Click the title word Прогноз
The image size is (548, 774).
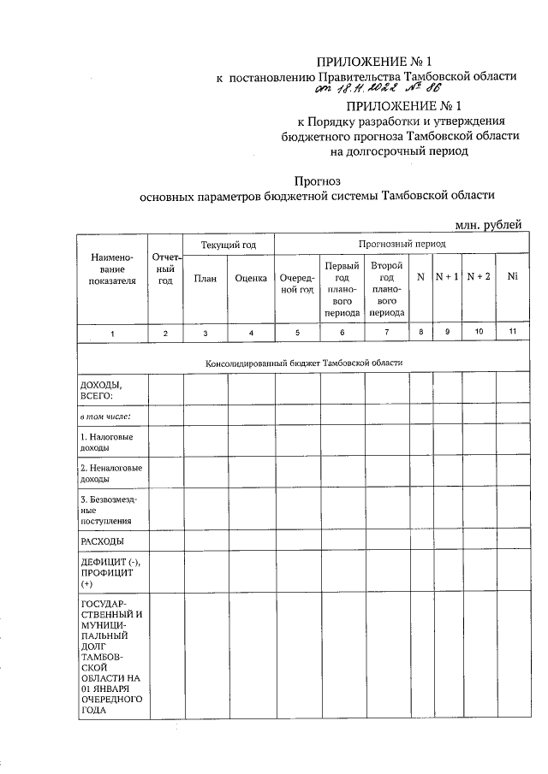(x=317, y=180)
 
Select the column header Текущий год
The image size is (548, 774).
(x=229, y=245)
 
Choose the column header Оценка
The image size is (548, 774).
(x=251, y=278)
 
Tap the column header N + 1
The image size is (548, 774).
(x=447, y=277)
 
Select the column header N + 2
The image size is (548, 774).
(x=479, y=277)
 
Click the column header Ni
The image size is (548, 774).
(x=512, y=277)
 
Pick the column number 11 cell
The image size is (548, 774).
(x=512, y=333)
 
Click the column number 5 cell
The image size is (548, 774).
(x=297, y=333)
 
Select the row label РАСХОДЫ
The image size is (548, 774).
(x=102, y=541)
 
